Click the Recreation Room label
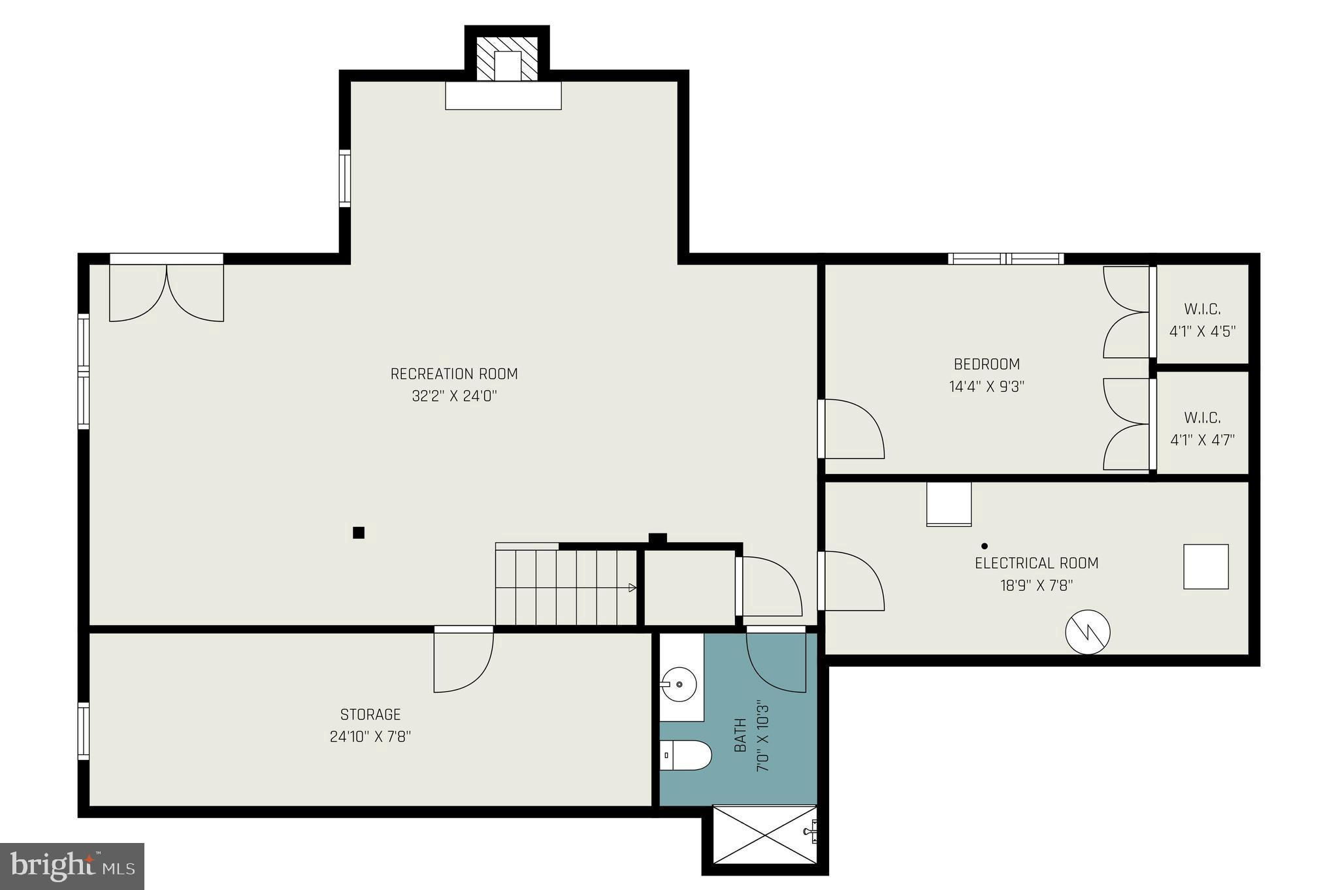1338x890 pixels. (454, 374)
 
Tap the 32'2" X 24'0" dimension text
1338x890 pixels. (455, 396)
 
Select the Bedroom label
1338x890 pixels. (987, 364)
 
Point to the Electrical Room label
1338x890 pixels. (1037, 563)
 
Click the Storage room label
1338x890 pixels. (370, 714)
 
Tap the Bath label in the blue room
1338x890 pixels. (740, 735)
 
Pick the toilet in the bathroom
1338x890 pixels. (685, 755)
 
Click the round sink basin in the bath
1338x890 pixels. (679, 684)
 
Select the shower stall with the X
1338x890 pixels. (764, 834)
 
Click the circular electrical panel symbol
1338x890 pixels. (1088, 631)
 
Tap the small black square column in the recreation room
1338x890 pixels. (358, 533)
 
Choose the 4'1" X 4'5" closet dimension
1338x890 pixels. (1203, 331)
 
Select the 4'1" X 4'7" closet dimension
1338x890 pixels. (1203, 439)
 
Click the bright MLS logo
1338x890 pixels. (73, 866)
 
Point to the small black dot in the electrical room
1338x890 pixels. (985, 546)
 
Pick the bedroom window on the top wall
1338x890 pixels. (1006, 259)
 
